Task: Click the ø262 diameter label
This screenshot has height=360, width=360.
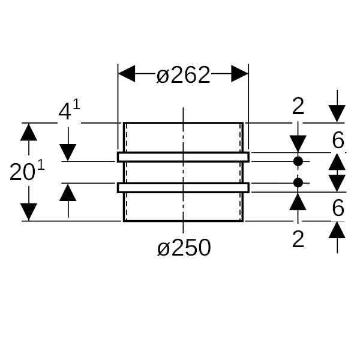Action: coord(183,75)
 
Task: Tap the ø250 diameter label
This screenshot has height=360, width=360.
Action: coord(184,247)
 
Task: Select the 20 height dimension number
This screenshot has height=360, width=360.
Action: coord(22,173)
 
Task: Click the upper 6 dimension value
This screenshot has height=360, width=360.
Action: coord(338,140)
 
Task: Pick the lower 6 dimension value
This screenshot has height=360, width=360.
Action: coord(338,208)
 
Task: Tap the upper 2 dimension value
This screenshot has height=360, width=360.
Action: coord(298,107)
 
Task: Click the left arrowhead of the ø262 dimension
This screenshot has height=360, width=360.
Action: coord(126,74)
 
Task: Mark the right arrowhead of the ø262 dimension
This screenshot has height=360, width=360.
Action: coord(240,74)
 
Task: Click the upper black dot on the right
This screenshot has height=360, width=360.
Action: coord(298,161)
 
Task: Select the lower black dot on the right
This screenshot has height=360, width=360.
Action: coord(298,182)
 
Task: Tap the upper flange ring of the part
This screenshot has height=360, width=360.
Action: coord(183,157)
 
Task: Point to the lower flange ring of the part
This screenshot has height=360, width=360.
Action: coord(183,187)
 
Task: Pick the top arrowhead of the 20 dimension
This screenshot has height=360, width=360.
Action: coord(28,131)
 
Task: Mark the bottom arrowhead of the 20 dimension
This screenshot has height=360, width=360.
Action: coord(28,212)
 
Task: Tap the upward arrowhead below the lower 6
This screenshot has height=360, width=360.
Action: coord(337,230)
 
